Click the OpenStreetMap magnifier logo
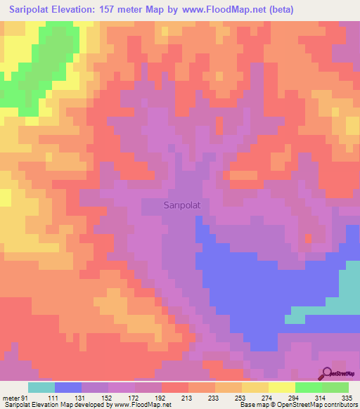coord(328,373)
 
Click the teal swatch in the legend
coord(41,387)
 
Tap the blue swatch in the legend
coord(67,387)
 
